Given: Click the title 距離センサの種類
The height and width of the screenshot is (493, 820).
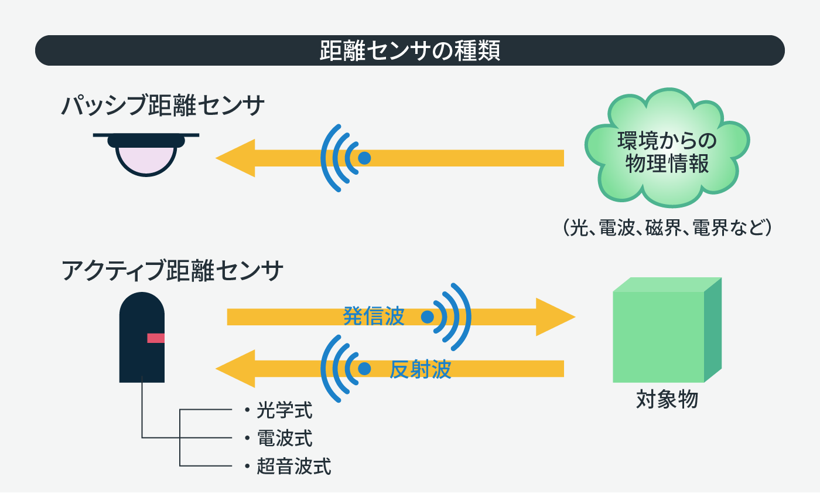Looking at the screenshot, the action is click(x=409, y=50).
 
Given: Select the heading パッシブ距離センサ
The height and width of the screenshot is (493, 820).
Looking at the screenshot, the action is click(x=163, y=106).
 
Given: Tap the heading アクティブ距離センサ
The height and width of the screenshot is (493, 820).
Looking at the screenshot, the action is click(x=172, y=271).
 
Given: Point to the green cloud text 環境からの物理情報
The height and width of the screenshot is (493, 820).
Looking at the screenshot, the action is click(x=667, y=152).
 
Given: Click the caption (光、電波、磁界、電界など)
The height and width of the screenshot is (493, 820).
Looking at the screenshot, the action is click(x=667, y=227).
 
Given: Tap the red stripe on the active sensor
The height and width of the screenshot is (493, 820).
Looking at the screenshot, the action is click(x=156, y=338).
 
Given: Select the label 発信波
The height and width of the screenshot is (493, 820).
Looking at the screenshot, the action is click(x=374, y=316).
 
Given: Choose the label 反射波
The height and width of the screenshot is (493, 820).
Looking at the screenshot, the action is click(x=420, y=369).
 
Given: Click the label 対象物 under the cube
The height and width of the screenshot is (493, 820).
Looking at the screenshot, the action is click(x=667, y=399).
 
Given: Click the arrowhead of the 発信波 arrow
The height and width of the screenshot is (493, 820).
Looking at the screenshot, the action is click(x=555, y=317).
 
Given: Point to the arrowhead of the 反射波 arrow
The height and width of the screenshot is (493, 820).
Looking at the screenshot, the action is click(x=235, y=369).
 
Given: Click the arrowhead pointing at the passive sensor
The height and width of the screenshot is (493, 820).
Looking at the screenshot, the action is click(x=235, y=158).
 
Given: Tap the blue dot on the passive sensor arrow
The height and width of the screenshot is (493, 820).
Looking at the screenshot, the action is click(x=364, y=158).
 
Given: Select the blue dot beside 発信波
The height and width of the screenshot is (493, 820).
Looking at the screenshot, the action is click(x=427, y=317).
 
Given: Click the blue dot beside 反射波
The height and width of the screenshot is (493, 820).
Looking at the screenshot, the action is click(x=364, y=369).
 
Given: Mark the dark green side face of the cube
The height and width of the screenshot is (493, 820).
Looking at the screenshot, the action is click(x=713, y=329).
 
